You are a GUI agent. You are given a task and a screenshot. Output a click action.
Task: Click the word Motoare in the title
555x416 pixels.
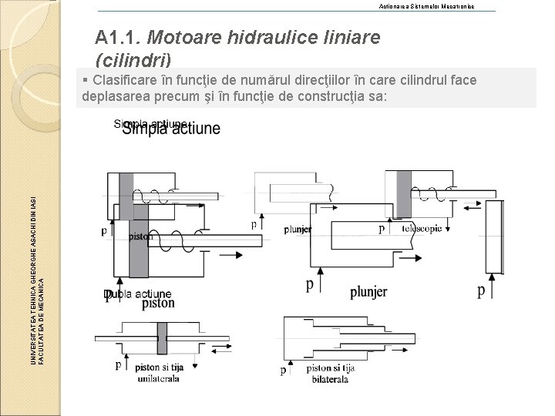(177, 36)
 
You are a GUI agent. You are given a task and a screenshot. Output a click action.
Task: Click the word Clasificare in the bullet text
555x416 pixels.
(128, 81)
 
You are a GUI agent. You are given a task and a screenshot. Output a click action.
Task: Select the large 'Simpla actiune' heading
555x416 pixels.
(171, 129)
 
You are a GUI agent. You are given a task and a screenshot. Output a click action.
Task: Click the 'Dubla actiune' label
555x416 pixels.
(139, 294)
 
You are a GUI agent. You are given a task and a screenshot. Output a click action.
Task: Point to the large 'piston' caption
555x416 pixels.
(158, 304)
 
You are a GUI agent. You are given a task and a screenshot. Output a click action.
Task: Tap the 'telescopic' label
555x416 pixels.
(422, 229)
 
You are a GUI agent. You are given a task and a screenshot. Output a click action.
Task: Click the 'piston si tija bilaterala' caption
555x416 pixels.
(331, 375)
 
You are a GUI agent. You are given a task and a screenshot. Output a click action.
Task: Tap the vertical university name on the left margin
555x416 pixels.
(38, 278)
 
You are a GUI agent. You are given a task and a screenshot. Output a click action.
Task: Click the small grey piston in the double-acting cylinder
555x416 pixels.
(162, 337)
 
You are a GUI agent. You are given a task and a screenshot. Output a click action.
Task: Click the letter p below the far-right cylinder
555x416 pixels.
(481, 290)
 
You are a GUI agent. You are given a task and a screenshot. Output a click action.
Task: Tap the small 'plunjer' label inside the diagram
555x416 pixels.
(297, 230)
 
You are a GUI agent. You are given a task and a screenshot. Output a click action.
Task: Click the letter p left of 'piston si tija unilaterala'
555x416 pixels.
(118, 364)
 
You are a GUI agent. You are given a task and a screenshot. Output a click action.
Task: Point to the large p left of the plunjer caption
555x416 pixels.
(310, 285)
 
